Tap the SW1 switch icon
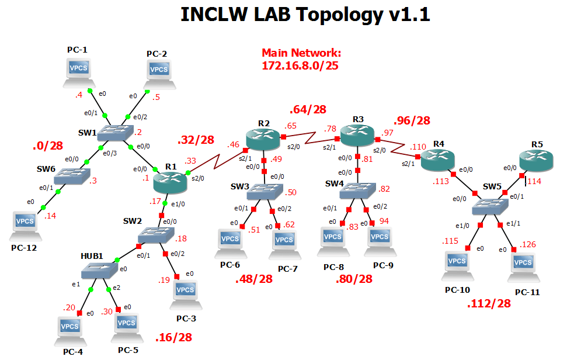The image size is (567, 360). pos(114,132)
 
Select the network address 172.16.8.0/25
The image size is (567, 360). pos(300,65)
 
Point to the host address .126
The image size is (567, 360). pos(527,244)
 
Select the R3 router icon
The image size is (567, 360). pos(357,137)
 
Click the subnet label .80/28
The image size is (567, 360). pos(354,279)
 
